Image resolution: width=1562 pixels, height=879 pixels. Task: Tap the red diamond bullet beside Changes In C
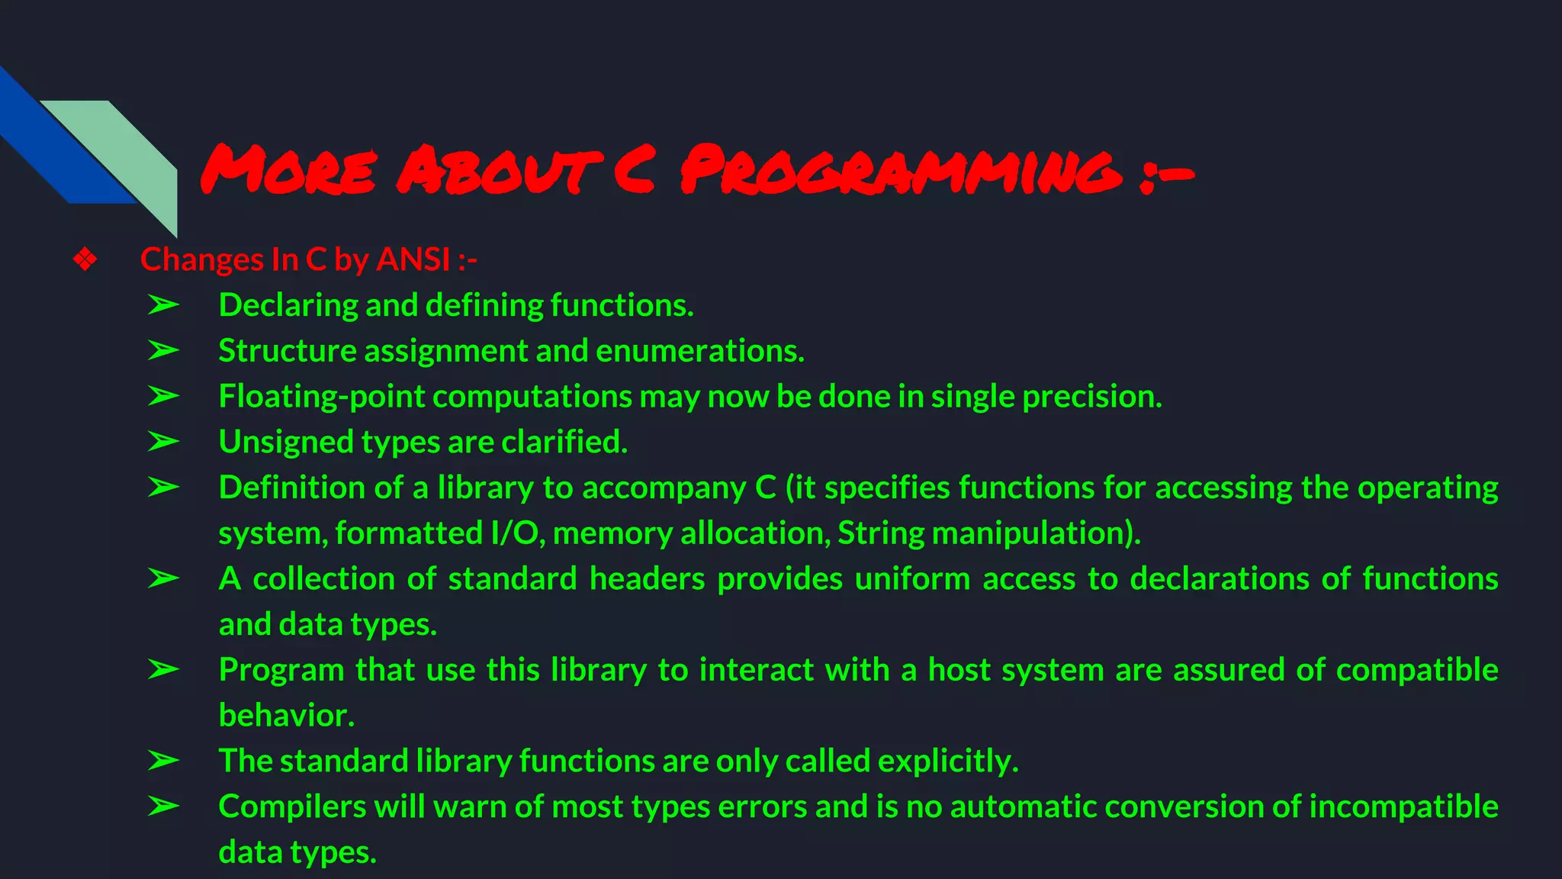pyautogui.click(x=85, y=259)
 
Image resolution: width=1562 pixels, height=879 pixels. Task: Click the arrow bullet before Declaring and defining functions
pyautogui.click(x=163, y=305)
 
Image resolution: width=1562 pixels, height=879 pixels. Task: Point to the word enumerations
pyautogui.click(x=699, y=351)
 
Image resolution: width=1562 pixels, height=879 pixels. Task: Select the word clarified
pyautogui.click(x=564, y=442)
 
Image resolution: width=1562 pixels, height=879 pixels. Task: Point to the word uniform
pyautogui.click(x=912, y=579)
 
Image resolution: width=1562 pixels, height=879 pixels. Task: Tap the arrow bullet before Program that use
pyautogui.click(x=163, y=670)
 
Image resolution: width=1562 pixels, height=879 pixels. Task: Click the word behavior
pyautogui.click(x=286, y=716)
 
